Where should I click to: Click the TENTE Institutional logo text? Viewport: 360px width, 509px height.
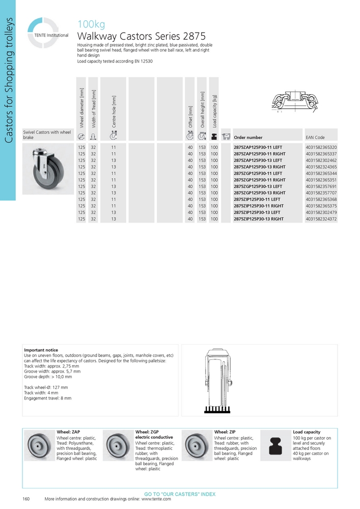point(51,36)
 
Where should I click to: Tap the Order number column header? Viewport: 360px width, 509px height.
point(248,137)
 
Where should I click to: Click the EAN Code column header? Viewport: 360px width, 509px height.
point(315,137)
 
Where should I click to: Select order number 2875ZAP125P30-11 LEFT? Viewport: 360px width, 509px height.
point(258,147)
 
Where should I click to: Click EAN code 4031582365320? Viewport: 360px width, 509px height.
point(321,147)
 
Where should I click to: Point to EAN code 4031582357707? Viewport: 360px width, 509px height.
point(321,193)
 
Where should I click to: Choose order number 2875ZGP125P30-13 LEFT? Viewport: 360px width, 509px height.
point(258,186)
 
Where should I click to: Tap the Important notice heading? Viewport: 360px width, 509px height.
point(41,350)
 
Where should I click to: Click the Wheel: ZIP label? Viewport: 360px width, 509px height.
point(225,432)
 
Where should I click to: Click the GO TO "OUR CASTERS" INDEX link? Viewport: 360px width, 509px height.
point(180,494)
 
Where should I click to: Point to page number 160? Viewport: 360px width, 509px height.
point(26,499)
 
